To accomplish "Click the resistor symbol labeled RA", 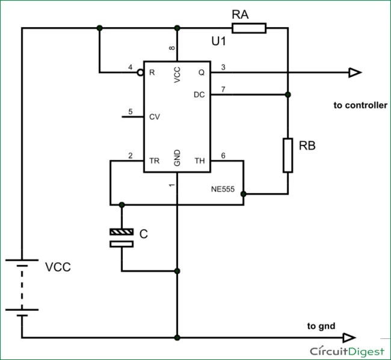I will tap(248, 28).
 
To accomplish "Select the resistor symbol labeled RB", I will tap(288, 155).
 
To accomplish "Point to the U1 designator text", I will tap(219, 43).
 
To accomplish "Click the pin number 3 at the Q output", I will tap(223, 67).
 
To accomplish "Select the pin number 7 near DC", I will tap(223, 89).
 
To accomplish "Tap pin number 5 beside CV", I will tap(130, 111).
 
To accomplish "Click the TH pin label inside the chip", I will tap(200, 161).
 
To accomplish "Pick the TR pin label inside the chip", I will tap(154, 161).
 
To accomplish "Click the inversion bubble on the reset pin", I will tap(140, 72).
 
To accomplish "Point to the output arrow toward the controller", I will tap(355, 72).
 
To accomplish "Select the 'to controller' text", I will tap(360, 105).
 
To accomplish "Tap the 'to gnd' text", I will tap(321, 326).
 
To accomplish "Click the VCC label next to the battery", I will tap(58, 268).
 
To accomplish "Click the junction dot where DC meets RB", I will tap(288, 94).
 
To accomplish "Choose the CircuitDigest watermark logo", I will tap(347, 350).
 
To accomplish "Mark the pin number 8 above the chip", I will tap(171, 49).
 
